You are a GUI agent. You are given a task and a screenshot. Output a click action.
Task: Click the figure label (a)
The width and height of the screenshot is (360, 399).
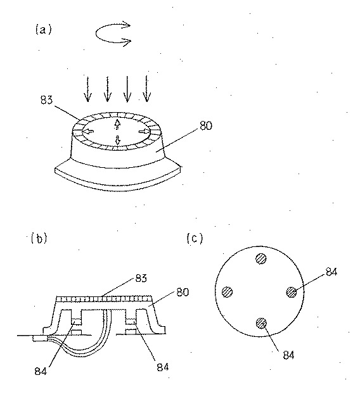point(43,30)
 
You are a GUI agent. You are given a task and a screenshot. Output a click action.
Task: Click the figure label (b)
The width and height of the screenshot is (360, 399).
point(39,238)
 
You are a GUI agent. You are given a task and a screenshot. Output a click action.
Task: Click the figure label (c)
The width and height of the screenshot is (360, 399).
point(195,238)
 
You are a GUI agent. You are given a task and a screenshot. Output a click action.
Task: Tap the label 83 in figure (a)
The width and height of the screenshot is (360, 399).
point(47,100)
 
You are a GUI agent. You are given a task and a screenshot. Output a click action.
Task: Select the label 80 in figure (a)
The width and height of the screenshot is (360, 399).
point(206,125)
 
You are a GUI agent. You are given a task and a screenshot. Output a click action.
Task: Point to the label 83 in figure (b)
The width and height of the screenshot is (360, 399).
point(141,278)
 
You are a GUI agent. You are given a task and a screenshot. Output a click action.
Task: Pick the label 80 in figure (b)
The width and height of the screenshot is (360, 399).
point(183,292)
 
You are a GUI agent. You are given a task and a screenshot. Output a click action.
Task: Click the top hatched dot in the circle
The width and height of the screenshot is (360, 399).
point(261,259)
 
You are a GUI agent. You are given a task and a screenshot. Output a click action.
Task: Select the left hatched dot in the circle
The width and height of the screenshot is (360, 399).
point(228,292)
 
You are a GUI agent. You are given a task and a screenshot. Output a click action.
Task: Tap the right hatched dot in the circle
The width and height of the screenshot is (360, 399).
point(292,292)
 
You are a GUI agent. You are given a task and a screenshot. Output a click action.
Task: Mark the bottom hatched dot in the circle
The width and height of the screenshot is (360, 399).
point(261,324)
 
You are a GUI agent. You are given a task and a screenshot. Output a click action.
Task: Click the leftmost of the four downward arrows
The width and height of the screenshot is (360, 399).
point(88,89)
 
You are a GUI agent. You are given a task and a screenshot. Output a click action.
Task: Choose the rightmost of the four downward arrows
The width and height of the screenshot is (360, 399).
point(146,89)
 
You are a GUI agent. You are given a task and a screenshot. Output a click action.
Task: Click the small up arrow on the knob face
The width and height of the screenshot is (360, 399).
point(117,123)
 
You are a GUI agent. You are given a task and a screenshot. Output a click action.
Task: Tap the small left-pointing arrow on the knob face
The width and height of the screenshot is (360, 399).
point(89,132)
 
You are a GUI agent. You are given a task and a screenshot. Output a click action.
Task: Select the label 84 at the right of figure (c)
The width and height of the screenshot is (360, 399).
point(331,272)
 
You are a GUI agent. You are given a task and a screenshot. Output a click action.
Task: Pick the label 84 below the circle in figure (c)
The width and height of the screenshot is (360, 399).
point(289,355)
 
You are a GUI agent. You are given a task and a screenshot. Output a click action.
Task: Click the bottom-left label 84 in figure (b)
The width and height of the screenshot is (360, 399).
point(41,371)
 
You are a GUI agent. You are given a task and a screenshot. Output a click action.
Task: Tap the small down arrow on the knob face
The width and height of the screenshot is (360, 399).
point(118,141)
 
